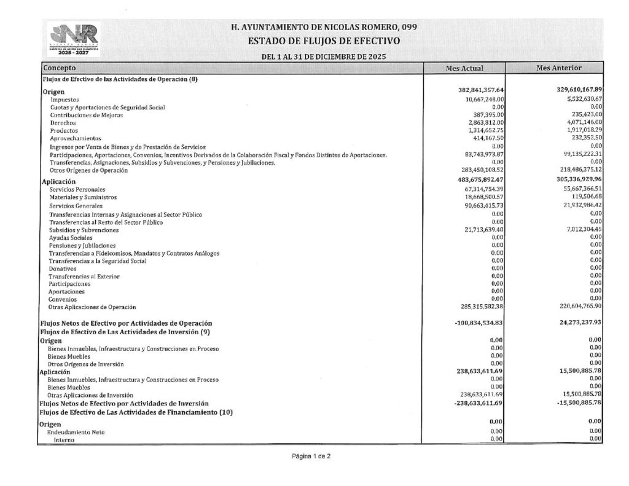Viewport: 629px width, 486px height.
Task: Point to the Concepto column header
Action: tap(60, 68)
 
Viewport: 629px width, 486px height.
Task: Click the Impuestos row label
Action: tap(65, 100)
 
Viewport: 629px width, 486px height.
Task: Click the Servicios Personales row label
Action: tap(77, 190)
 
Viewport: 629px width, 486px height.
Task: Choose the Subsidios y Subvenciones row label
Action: tap(84, 230)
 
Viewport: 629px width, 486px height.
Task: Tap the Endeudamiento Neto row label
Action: tap(76, 432)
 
